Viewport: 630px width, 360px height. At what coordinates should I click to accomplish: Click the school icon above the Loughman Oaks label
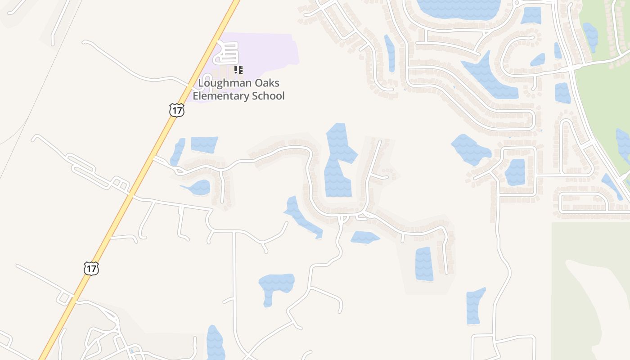[238, 70]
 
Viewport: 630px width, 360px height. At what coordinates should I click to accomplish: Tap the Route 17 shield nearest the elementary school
[177, 110]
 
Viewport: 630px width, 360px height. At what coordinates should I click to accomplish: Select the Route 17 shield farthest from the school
[91, 269]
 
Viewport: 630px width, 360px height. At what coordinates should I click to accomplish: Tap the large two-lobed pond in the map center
[338, 162]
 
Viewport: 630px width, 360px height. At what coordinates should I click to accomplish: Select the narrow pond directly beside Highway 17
[178, 152]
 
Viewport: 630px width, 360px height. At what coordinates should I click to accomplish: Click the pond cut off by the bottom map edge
[215, 344]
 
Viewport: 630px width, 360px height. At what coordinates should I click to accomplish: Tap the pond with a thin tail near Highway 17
[198, 187]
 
